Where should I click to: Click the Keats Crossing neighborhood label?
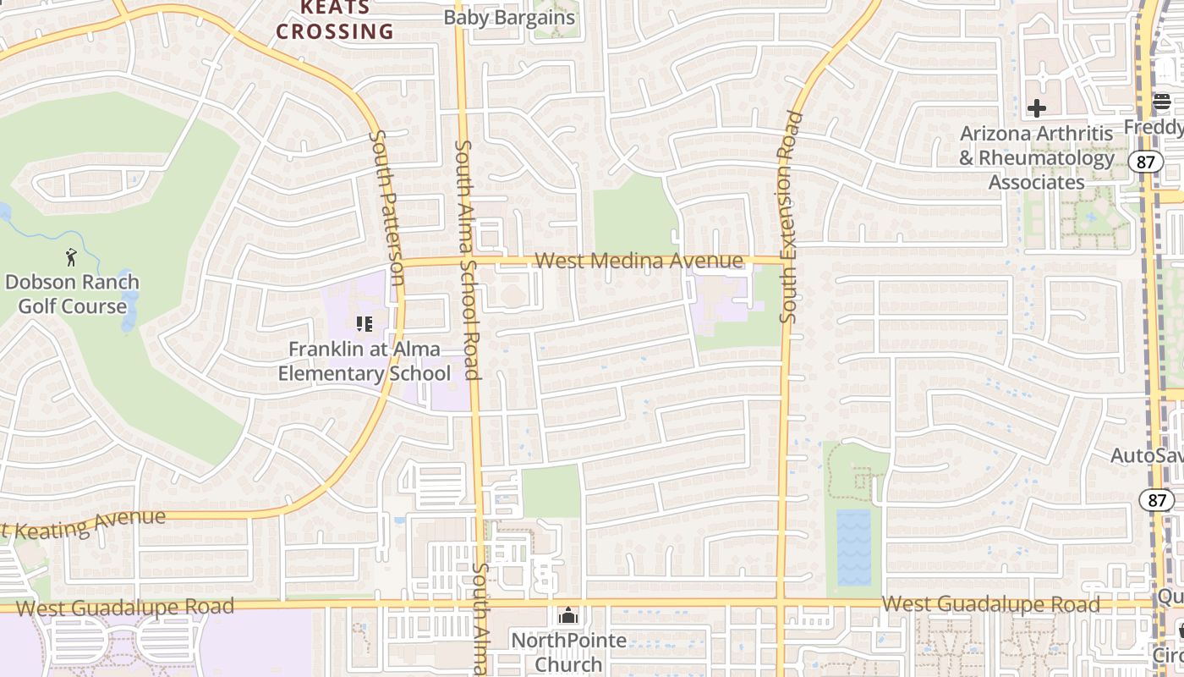[335, 20]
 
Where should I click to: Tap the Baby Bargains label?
[509, 18]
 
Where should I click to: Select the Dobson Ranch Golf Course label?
[72, 294]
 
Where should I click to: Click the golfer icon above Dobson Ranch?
[71, 255]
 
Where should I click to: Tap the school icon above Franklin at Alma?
[365, 323]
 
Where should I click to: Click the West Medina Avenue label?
[639, 261]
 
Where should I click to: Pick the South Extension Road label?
[790, 217]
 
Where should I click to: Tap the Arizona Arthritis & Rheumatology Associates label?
[1037, 157]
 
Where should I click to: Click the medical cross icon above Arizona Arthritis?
[1037, 108]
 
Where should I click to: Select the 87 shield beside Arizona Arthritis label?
[1146, 161]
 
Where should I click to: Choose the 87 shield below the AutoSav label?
[1156, 499]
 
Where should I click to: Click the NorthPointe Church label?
[568, 652]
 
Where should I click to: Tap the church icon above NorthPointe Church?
[568, 615]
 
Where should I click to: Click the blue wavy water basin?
[853, 547]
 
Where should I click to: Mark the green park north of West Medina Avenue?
[635, 216]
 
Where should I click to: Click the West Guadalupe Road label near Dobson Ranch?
[124, 607]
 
